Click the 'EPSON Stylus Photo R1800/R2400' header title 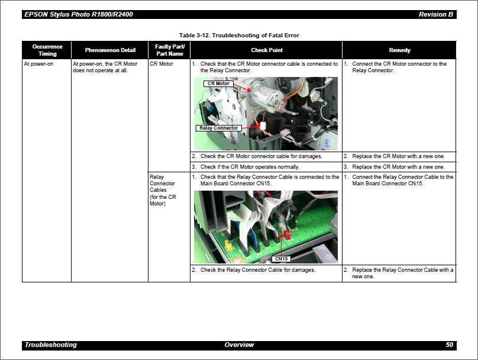click(78, 14)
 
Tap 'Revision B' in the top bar click(435, 14)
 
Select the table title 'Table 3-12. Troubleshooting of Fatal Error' click(239, 36)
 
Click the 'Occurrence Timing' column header click(47, 50)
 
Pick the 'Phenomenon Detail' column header click(110, 50)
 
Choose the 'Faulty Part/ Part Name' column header click(169, 50)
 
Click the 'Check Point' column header click(266, 50)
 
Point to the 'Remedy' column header click(399, 50)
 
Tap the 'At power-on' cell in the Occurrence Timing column click(38, 64)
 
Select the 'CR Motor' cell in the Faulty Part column click(162, 64)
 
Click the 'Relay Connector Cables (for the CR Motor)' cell click(162, 190)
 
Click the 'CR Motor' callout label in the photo click(218, 84)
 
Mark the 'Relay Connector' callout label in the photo click(218, 128)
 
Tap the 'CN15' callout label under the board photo click(281, 259)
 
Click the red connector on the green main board click(288, 235)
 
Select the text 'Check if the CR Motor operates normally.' click(250, 167)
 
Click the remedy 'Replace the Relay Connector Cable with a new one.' click(402, 273)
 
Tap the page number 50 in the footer click(449, 345)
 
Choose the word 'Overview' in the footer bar click(239, 345)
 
